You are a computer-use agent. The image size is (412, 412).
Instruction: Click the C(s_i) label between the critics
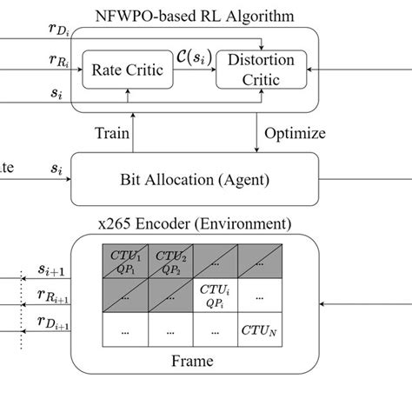tap(189, 58)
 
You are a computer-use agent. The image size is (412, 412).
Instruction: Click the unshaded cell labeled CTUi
tap(216, 296)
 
